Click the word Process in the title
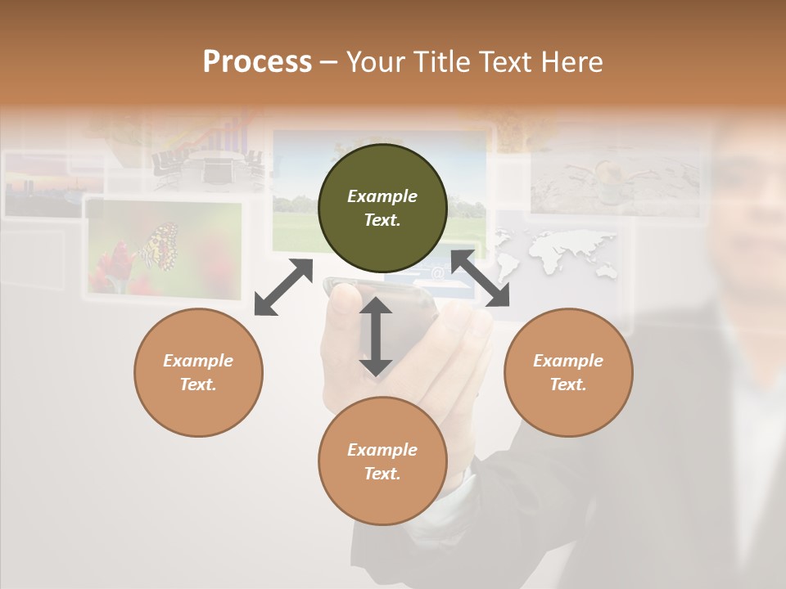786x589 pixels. (x=257, y=62)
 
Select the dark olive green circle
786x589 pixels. (x=382, y=209)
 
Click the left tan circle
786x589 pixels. (x=199, y=373)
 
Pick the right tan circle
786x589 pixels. (x=568, y=373)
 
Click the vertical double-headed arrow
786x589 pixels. (x=376, y=336)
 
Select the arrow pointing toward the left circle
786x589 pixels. (x=283, y=287)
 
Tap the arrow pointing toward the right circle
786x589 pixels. (x=480, y=278)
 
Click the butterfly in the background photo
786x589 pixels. (x=160, y=245)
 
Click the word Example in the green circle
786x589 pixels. (x=382, y=196)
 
